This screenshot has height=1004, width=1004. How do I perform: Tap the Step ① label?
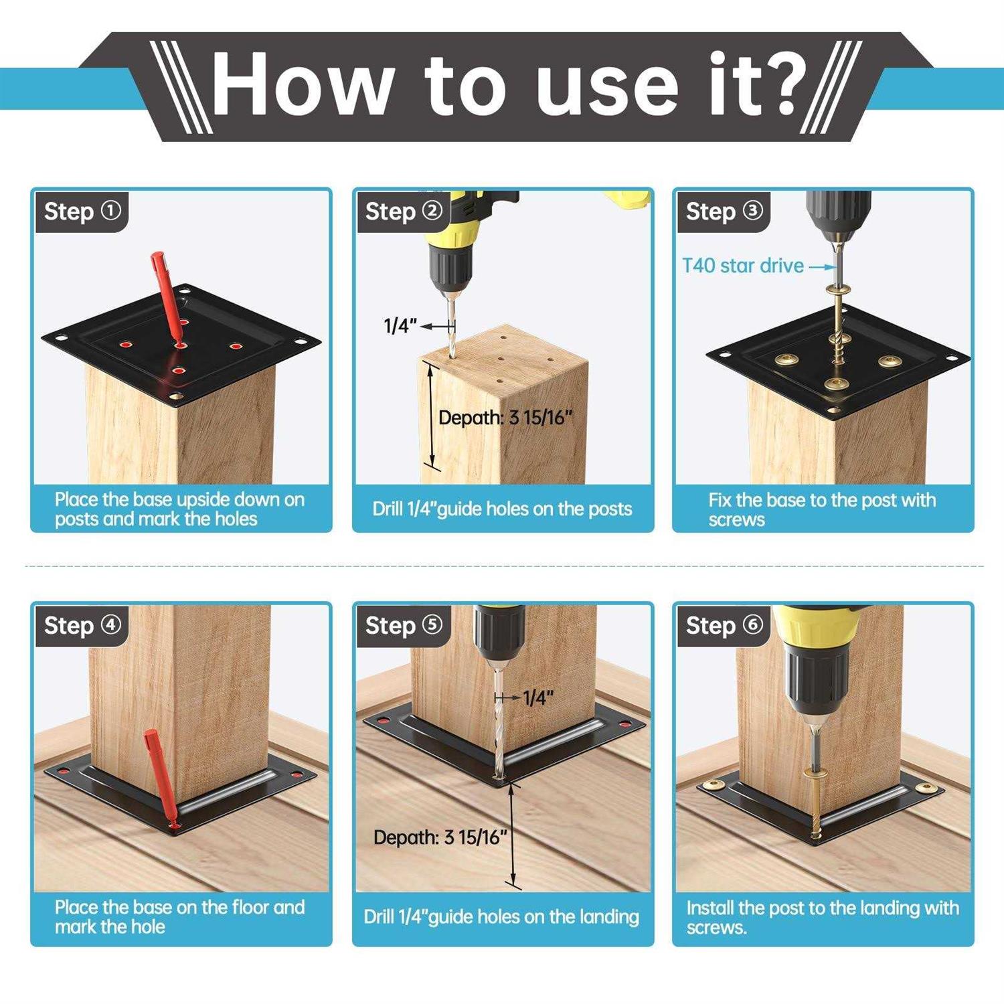82,212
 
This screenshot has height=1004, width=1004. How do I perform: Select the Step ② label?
404,212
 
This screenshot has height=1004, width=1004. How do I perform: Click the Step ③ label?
724,212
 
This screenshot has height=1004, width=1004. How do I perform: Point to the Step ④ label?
82,626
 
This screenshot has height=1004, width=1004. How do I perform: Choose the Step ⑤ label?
404,626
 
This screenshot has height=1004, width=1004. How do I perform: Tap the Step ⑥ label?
724,626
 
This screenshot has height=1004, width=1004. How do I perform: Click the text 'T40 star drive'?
743,266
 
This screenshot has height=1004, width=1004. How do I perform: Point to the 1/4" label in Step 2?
400,326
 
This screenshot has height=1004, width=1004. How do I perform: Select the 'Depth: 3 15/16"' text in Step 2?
506,418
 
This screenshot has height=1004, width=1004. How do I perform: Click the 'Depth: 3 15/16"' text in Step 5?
440,837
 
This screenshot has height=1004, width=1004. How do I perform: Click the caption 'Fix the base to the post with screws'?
822,509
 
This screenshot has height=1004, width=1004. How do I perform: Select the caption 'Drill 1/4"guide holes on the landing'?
501,917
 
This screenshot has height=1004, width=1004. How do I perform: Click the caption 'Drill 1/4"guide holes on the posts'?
502,509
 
